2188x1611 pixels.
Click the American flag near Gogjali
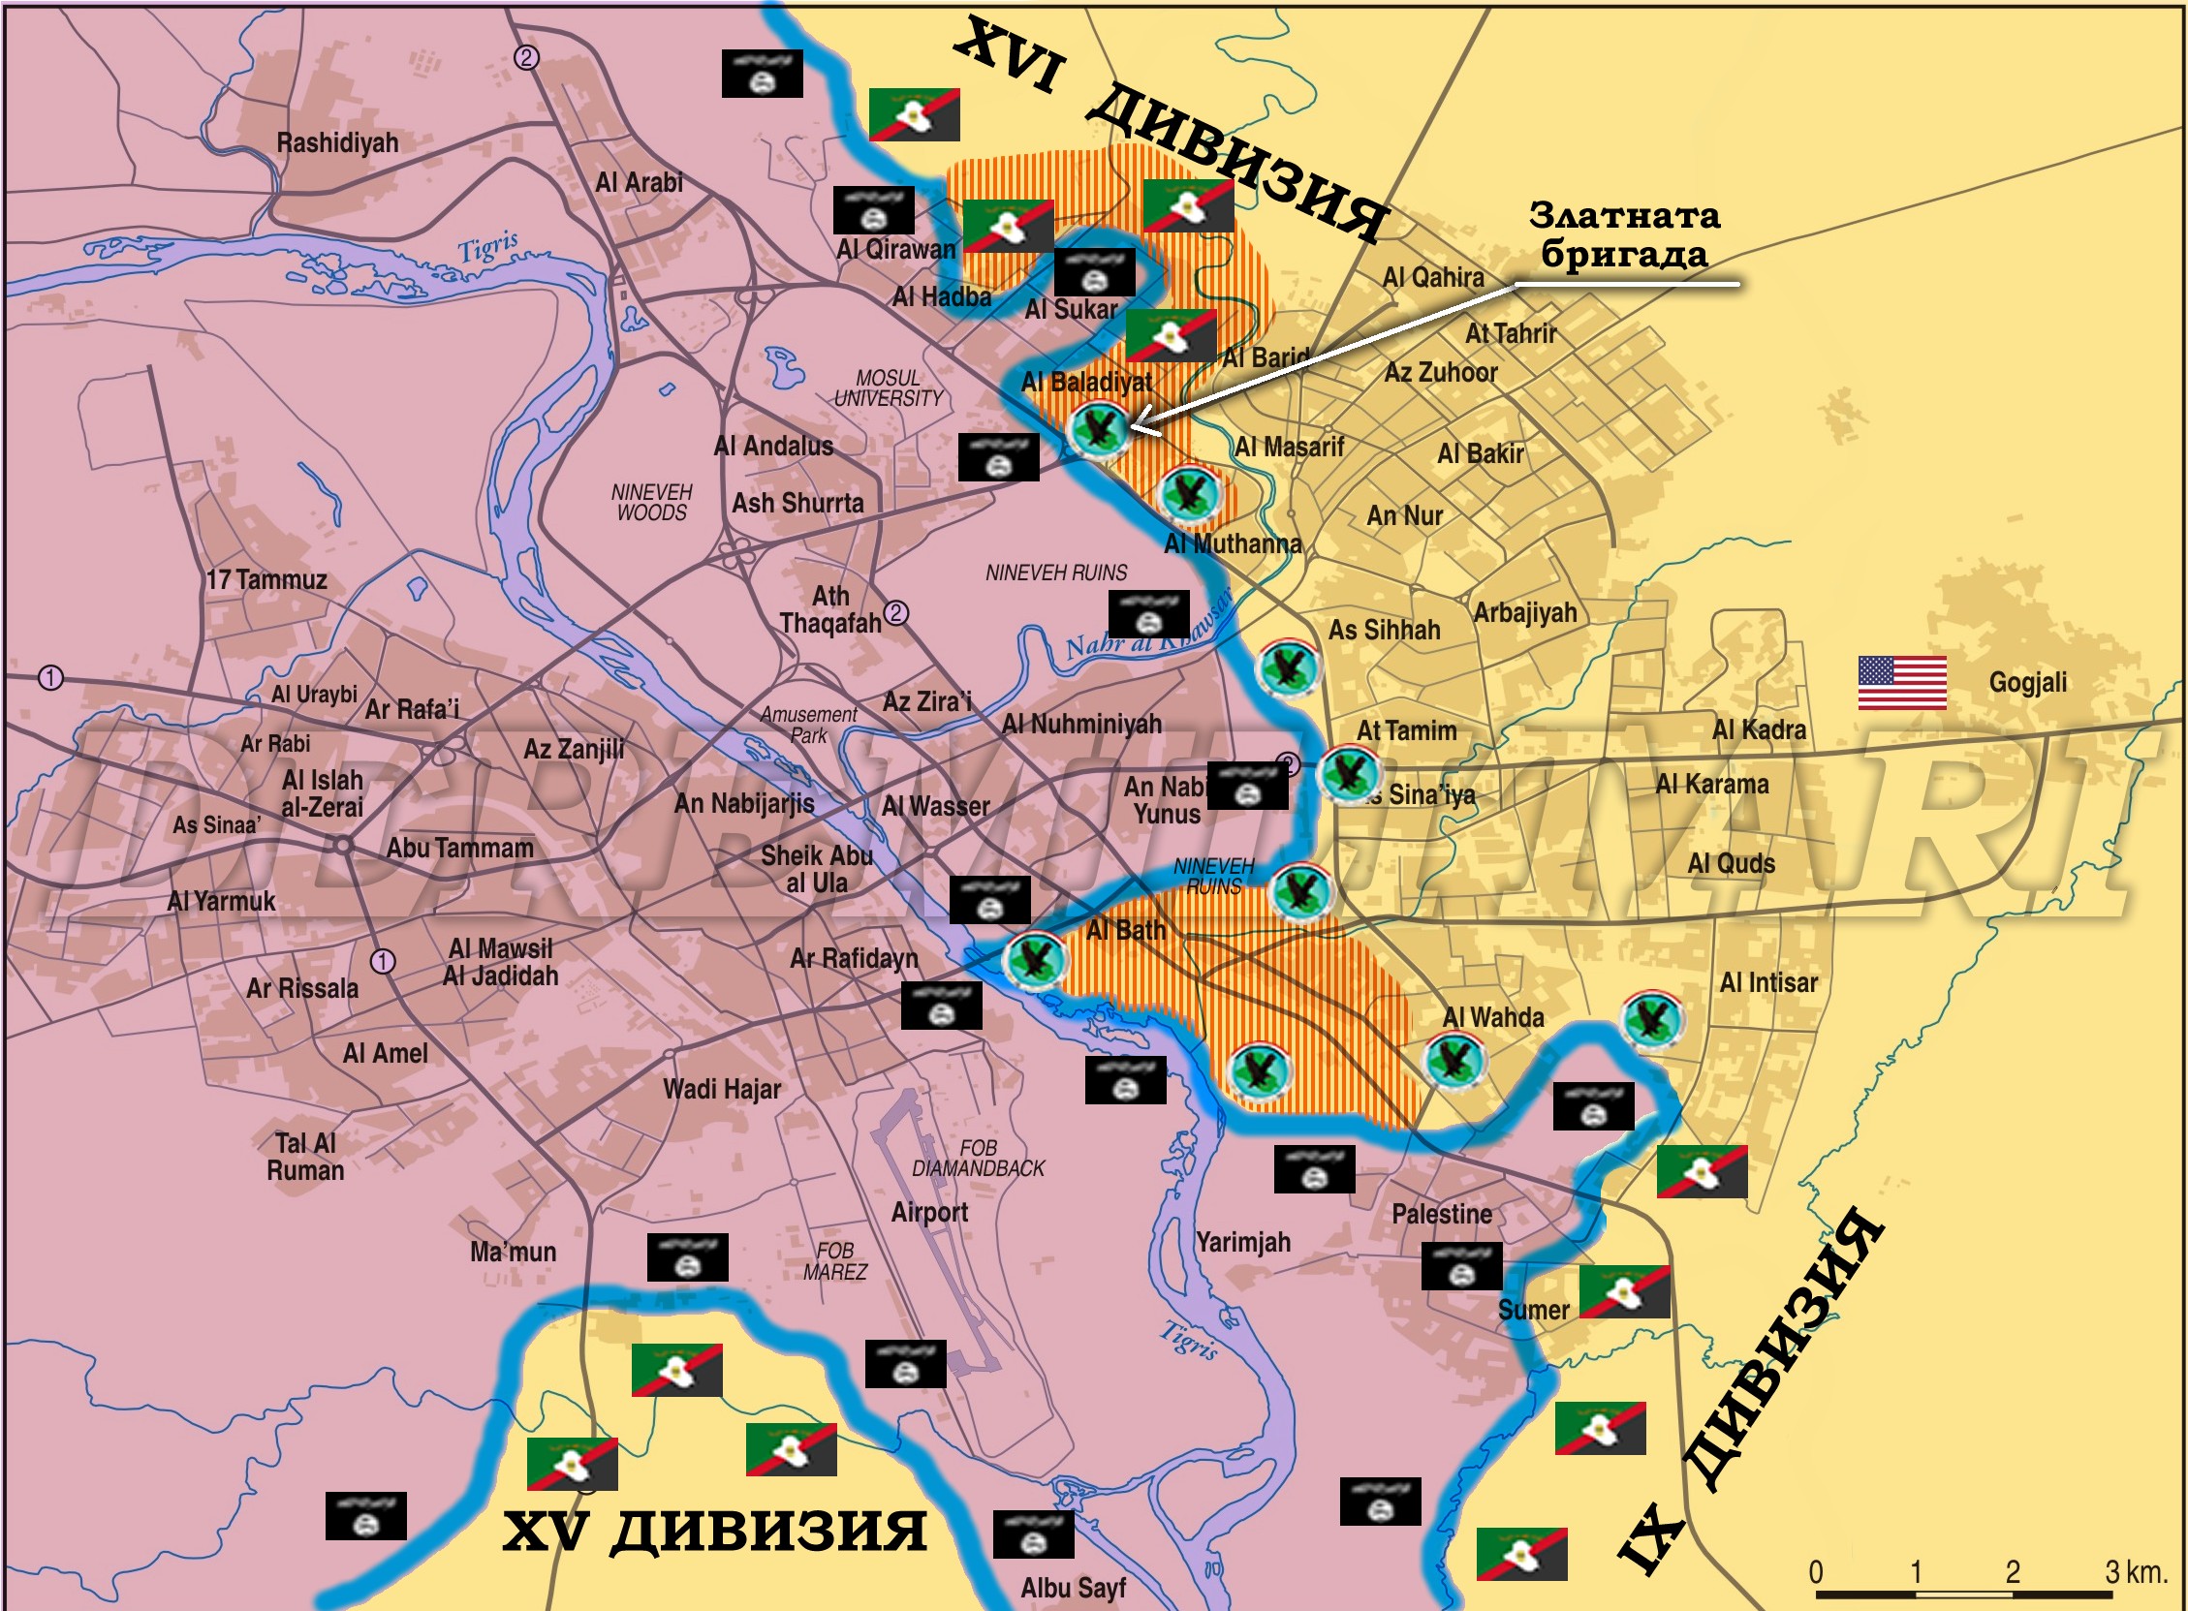1901,682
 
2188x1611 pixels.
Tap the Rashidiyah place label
337,142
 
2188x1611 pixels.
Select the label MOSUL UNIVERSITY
888,388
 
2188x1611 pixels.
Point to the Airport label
928,1212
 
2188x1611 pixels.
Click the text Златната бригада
1623,235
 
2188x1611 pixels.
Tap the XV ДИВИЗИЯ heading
714,1530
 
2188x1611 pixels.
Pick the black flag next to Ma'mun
688,1257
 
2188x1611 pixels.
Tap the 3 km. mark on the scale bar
2136,1572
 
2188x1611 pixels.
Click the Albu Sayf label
1072,1588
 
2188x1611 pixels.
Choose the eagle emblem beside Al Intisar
1650,1019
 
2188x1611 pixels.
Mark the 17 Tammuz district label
266,580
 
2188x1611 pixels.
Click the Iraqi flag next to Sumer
1624,1291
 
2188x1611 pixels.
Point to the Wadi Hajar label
722,1088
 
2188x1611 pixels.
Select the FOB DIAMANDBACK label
978,1158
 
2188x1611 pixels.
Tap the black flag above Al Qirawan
873,209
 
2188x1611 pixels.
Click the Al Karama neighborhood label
1711,784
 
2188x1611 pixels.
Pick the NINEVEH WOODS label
651,502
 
